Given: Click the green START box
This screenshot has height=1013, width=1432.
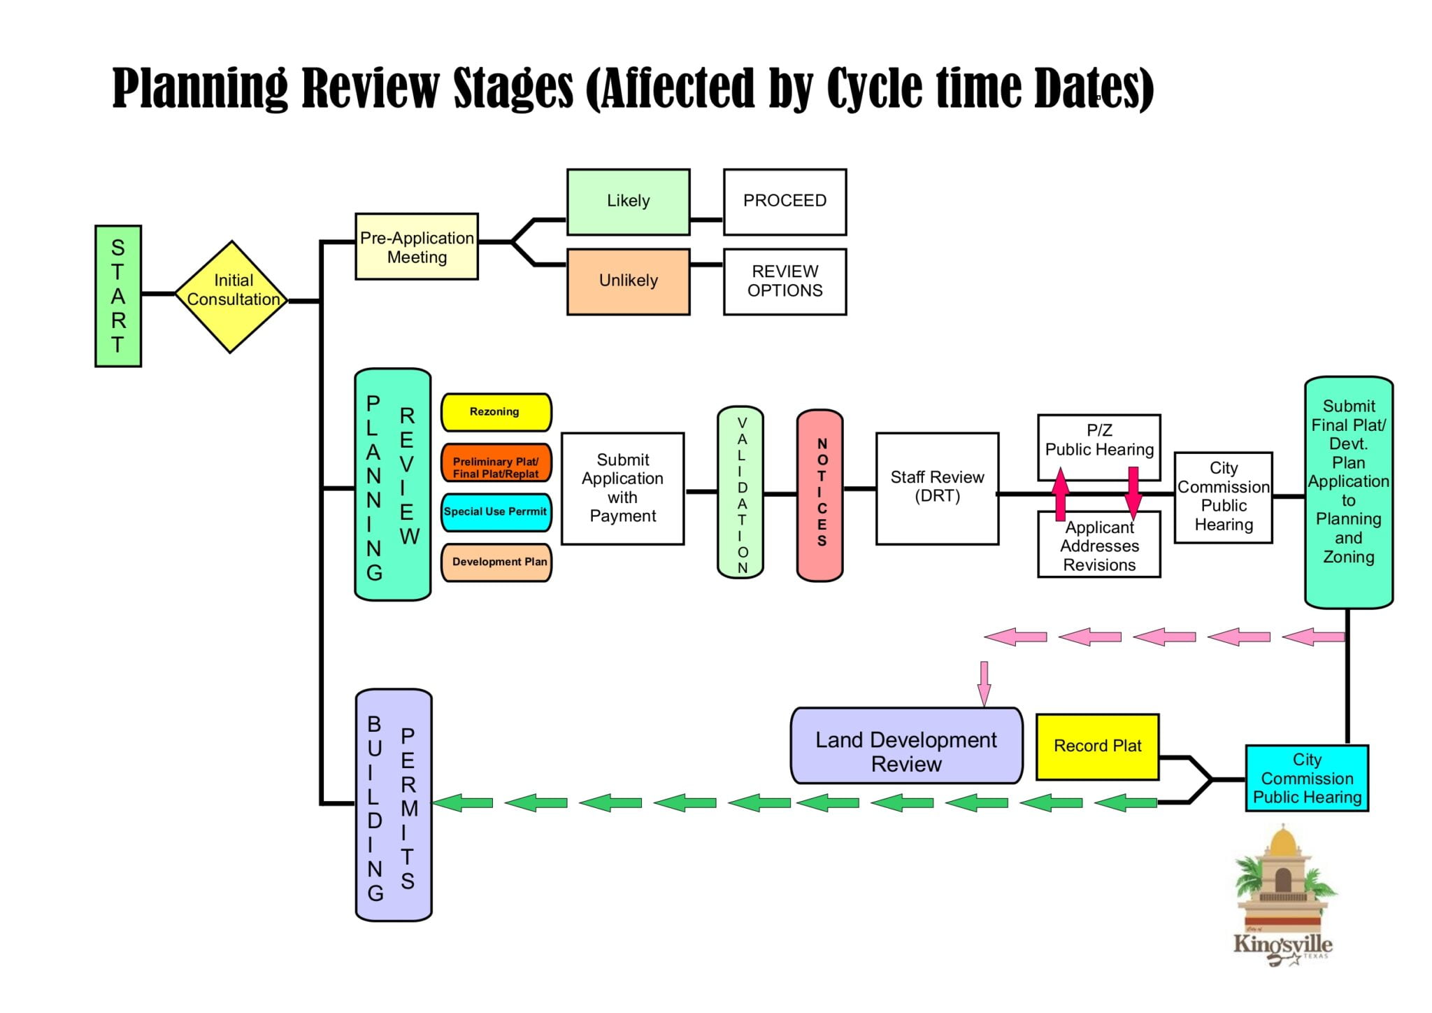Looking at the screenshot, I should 117,296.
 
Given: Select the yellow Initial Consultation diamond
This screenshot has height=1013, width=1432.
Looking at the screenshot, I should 231,297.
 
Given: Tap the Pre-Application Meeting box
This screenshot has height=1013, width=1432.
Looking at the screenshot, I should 417,247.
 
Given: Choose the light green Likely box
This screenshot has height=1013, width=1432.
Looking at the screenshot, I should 628,201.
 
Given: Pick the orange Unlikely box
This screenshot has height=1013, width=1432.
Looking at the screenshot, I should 628,281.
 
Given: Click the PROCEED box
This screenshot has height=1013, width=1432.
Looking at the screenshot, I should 785,201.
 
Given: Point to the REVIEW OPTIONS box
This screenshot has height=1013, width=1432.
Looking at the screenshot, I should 785,281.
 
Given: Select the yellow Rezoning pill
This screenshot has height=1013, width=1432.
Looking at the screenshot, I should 495,412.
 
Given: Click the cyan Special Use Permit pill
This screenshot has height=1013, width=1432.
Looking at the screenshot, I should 495,512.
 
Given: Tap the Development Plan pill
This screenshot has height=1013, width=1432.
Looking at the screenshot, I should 496,562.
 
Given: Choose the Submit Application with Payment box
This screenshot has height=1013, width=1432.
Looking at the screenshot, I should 622,488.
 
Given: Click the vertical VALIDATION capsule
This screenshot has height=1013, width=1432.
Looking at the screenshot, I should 740,493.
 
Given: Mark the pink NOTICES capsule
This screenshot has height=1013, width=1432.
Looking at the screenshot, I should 820,495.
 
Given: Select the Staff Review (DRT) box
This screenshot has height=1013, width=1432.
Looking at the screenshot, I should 937,488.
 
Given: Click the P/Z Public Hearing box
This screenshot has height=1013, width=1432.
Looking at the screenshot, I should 1099,441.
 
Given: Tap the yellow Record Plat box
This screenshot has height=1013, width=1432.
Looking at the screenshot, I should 1097,746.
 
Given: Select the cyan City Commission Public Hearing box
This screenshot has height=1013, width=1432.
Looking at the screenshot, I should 1306,778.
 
